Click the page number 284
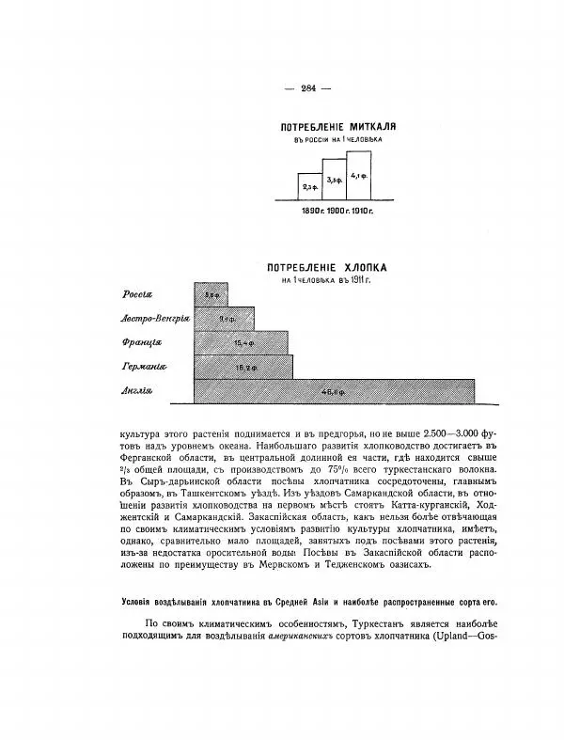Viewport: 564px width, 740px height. (x=308, y=87)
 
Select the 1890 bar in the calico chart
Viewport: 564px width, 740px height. (x=309, y=187)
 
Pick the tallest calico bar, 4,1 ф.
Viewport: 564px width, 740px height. (x=357, y=174)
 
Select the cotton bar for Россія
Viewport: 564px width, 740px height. (x=211, y=293)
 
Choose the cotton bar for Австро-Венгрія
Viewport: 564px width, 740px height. (x=225, y=318)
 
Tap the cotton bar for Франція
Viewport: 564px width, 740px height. (x=240, y=342)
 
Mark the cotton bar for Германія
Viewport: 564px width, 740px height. (x=243, y=367)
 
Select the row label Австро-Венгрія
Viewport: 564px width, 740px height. (x=154, y=319)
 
